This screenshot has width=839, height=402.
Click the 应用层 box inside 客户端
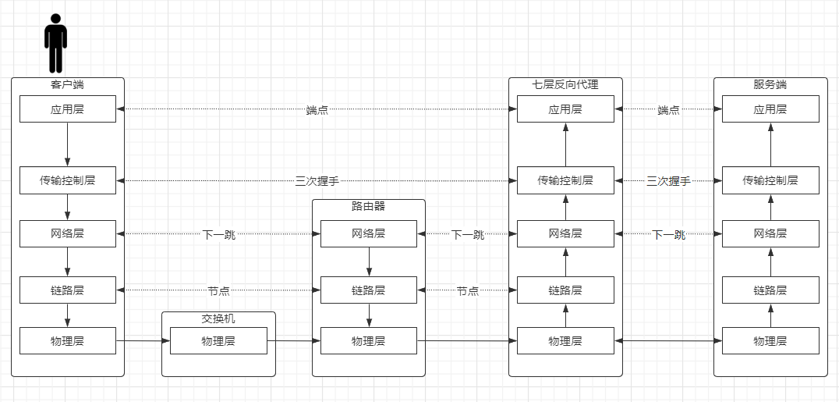pyautogui.click(x=67, y=109)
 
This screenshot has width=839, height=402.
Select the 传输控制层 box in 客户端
pyautogui.click(x=67, y=180)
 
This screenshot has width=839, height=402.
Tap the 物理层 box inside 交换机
pyautogui.click(x=218, y=341)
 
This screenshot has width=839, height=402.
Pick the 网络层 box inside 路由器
pyautogui.click(x=369, y=233)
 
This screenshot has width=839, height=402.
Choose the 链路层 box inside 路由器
pyautogui.click(x=369, y=290)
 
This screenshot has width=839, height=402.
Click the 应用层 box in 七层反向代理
pyautogui.click(x=565, y=109)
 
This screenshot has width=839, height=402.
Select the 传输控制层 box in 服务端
pyautogui.click(x=770, y=180)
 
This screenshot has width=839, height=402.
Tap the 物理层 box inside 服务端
pyautogui.click(x=770, y=341)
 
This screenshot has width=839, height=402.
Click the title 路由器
pyautogui.click(x=369, y=206)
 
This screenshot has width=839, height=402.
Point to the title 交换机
pyautogui.click(x=218, y=319)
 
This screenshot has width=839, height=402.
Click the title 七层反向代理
pyautogui.click(x=565, y=84)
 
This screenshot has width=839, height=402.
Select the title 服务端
pyautogui.click(x=770, y=84)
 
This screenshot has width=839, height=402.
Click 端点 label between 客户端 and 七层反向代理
pyautogui.click(x=317, y=110)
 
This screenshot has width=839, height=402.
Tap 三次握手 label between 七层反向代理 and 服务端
pyautogui.click(x=668, y=181)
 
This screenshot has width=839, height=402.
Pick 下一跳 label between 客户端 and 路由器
pyautogui.click(x=218, y=234)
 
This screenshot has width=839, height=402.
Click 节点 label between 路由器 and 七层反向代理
pyautogui.click(x=467, y=291)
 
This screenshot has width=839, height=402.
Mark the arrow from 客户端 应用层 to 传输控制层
pyautogui.click(x=67, y=144)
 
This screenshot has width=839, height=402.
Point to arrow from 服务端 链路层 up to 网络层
pyautogui.click(x=771, y=261)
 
